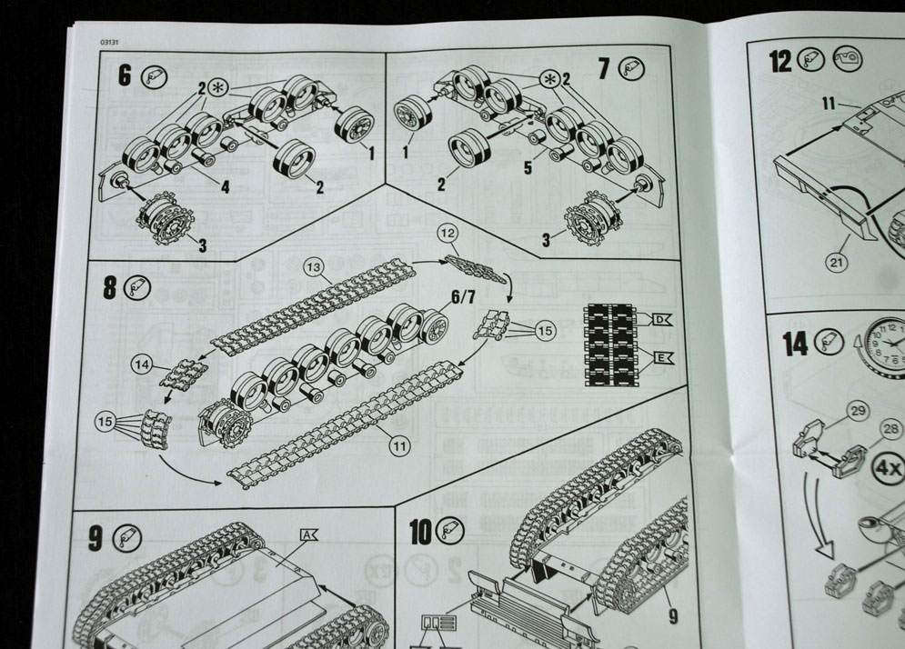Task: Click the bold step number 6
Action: (x=125, y=75)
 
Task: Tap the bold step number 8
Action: (x=110, y=288)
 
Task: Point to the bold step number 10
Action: (x=420, y=532)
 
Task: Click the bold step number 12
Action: (x=779, y=61)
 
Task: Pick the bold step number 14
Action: (x=795, y=343)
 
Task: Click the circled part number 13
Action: (x=314, y=267)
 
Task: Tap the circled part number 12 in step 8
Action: (x=448, y=234)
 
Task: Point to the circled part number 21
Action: (x=837, y=263)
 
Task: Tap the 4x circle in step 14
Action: (x=888, y=469)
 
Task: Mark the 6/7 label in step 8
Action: (x=462, y=296)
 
